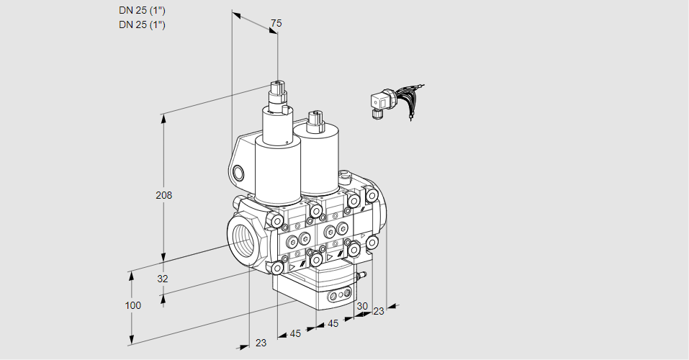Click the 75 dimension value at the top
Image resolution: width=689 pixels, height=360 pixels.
click(x=276, y=24)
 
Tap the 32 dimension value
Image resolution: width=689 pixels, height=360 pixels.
click(x=163, y=279)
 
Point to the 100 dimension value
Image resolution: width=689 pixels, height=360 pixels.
click(x=132, y=305)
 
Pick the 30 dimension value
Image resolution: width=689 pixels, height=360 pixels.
click(x=361, y=306)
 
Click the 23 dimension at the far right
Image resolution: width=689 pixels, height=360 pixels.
click(x=379, y=311)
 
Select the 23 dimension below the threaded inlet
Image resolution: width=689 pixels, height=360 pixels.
click(x=261, y=343)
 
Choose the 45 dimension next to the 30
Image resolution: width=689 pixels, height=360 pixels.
click(x=332, y=324)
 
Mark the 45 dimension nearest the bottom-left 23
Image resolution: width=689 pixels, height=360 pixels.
click(x=295, y=333)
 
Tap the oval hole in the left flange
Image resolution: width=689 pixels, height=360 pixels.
click(x=239, y=172)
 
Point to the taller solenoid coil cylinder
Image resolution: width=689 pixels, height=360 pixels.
click(x=277, y=169)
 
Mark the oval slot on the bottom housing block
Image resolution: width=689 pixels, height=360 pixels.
click(x=339, y=295)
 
